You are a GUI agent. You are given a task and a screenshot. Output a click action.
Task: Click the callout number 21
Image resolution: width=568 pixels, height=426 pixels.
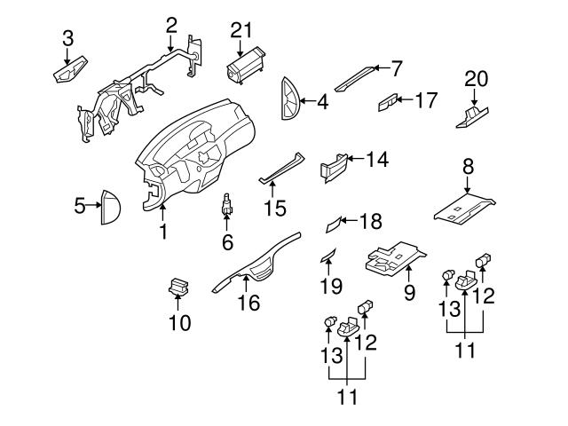pyautogui.click(x=241, y=30)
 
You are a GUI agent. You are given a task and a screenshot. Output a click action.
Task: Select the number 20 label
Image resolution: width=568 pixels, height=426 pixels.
pyautogui.click(x=477, y=80)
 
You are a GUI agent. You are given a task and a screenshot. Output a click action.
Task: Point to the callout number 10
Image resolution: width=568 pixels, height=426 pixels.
pyautogui.click(x=179, y=323)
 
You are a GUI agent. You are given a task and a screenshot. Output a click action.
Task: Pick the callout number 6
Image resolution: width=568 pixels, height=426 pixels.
pyautogui.click(x=227, y=241)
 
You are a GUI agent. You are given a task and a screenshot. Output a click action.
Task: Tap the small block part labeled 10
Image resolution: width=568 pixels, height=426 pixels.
pyautogui.click(x=178, y=288)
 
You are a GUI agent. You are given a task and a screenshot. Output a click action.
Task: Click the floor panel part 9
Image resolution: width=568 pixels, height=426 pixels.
pyautogui.click(x=394, y=257)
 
